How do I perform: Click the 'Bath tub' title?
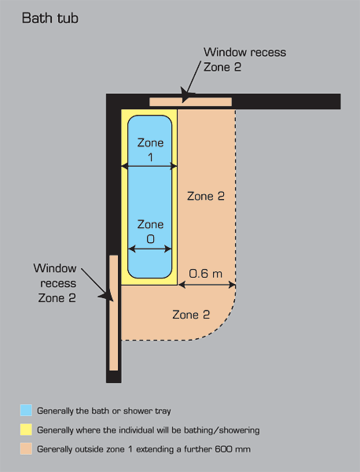50,18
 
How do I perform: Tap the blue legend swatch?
26,411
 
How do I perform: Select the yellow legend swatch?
26,430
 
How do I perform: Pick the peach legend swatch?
26,449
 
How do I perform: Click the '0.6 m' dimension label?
206,273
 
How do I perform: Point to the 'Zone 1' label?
150,149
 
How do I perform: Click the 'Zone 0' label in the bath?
150,231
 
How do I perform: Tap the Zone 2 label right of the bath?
206,196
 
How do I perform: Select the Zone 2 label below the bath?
191,315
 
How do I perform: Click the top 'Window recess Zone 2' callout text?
244,59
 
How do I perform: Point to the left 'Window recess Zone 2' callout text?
55,283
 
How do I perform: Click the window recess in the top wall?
191,101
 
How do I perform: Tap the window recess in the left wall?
114,313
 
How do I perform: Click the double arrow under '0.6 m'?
208,285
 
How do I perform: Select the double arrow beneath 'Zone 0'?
150,249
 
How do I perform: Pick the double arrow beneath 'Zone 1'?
149,166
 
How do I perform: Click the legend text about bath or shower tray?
104,411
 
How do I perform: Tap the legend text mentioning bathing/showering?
149,430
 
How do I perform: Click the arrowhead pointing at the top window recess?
186,94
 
